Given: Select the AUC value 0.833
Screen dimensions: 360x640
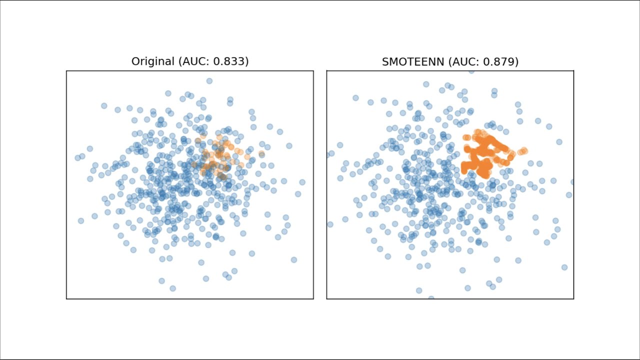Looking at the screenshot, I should (230, 61).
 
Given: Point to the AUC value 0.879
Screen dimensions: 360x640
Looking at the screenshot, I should (500, 61).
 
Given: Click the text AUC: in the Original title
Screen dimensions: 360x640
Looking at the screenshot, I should (194, 61).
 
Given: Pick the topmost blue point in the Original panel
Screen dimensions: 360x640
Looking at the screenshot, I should (209, 81).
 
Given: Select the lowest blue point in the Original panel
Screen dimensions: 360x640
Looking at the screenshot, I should (172, 288).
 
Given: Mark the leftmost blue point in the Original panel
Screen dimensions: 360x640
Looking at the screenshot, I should (77, 157).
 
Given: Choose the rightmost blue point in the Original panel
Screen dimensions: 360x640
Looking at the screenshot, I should (302, 182).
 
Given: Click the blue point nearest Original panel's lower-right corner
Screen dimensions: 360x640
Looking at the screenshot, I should (294, 259).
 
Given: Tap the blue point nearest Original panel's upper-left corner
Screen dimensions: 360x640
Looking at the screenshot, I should (104, 105).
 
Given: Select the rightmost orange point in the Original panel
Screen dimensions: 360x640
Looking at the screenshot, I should (261, 153).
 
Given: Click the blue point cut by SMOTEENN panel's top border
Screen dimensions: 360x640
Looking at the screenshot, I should (471, 71).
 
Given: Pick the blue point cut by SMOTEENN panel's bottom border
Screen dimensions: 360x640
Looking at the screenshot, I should (431, 298).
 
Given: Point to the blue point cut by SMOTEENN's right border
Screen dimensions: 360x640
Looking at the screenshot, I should (572, 182).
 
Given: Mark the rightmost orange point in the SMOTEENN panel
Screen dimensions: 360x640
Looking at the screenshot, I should (524, 150).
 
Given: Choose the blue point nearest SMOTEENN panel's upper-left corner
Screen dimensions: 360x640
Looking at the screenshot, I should (355, 98).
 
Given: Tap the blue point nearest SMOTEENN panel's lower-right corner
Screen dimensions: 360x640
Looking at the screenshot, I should (564, 267).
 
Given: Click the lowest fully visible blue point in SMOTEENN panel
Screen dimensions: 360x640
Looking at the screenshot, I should (419, 290).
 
